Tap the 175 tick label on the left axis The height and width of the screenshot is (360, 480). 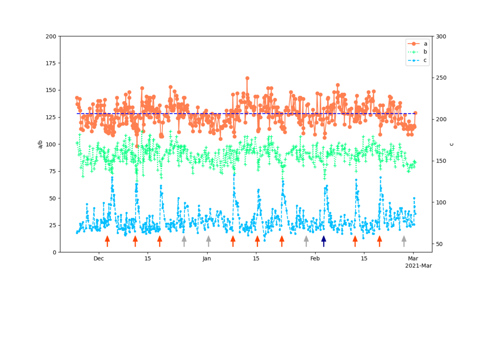[51, 63]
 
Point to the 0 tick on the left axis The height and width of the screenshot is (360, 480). [54, 252]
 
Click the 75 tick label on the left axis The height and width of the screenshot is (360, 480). [52, 171]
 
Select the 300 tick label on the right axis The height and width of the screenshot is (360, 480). [441, 37]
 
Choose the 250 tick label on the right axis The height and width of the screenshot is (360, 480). [441, 78]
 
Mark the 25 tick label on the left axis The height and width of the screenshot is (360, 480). [52, 225]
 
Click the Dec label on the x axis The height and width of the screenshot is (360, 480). [99, 258]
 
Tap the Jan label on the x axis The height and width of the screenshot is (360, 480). [207, 258]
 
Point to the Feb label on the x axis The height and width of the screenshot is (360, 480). [315, 258]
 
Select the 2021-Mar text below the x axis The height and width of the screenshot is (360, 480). [418, 266]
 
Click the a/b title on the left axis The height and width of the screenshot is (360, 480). [41, 144]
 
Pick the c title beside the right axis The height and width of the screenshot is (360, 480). [452, 144]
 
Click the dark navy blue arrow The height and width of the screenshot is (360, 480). [324, 241]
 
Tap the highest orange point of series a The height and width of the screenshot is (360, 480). [247, 78]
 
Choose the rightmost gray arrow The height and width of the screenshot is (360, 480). [404, 241]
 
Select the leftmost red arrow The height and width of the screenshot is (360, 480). [107, 241]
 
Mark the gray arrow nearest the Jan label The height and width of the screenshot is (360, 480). [209, 241]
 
